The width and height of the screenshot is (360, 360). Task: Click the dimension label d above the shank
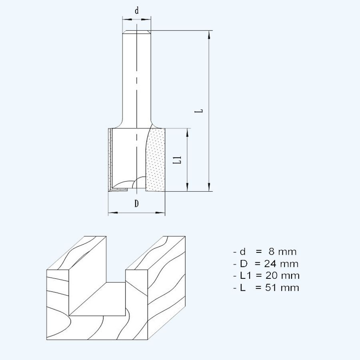pos(137,11)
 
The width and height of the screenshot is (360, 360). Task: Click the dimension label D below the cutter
pos(136,204)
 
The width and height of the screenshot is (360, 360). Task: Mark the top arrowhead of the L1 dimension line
pos(187,132)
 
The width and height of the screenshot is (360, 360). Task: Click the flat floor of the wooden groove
pos(100,298)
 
